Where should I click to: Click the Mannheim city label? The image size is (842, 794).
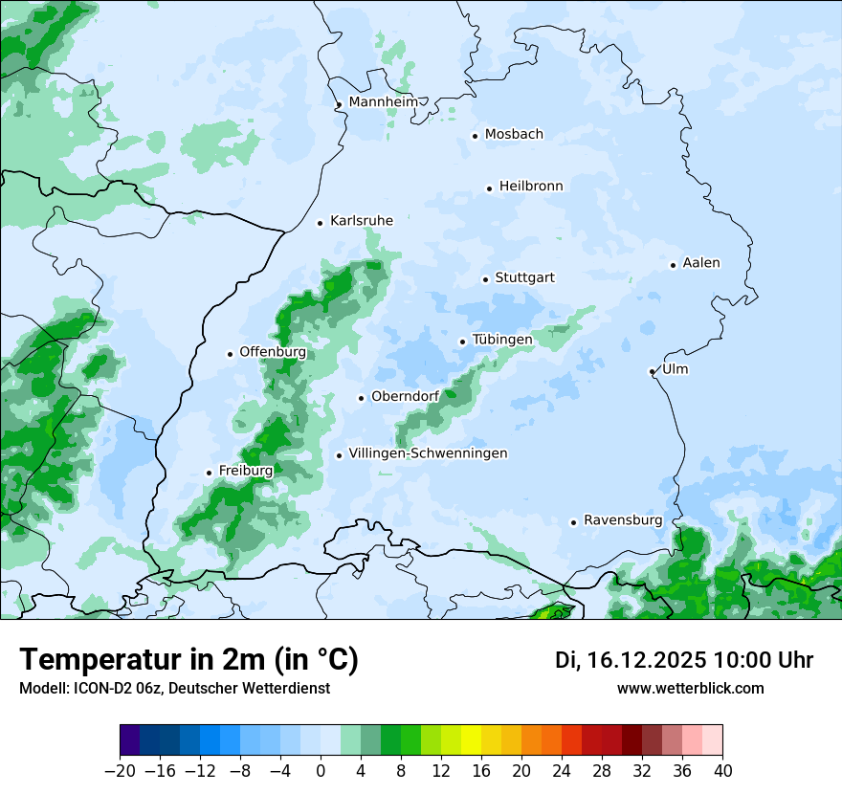coord(384,102)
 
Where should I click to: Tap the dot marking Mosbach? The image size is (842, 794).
coord(475,136)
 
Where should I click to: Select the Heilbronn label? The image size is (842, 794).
coord(531,187)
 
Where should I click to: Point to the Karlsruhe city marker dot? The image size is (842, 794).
coord(321,223)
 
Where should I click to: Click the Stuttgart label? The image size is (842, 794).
coord(524,278)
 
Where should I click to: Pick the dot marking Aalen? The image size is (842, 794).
coord(674,265)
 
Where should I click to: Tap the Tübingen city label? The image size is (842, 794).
coord(502,341)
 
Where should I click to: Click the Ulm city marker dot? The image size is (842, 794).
coord(652,371)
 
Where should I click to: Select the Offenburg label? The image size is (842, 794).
coord(273,352)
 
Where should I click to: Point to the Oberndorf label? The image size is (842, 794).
coord(405,397)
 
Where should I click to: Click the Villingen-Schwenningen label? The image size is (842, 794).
coord(428,453)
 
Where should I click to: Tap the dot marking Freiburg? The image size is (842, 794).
coord(209,473)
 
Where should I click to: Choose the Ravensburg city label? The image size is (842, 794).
coord(623,520)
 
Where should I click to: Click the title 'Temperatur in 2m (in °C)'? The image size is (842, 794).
coord(188,660)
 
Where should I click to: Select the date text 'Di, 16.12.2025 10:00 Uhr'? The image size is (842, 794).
coord(684,660)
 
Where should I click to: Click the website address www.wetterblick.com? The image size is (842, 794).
coord(691,689)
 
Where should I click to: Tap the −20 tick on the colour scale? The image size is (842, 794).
coord(120,771)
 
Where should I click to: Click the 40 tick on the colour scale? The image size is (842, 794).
coord(722,771)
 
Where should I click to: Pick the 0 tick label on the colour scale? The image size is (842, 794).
coord(321,771)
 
